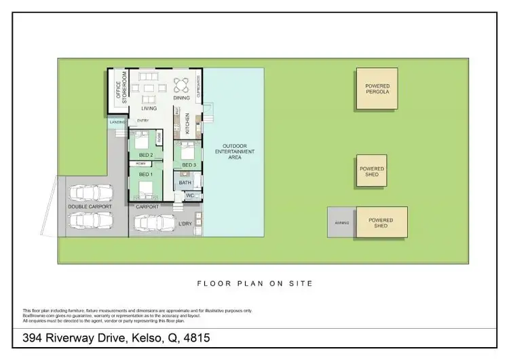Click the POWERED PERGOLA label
[377, 89]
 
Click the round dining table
[182, 86]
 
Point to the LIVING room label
[149, 109]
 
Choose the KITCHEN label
[188, 123]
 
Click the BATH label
[185, 183]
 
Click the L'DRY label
[185, 223]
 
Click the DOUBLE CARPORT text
[90, 206]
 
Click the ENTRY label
[143, 121]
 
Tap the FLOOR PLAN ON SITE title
[254, 283]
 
